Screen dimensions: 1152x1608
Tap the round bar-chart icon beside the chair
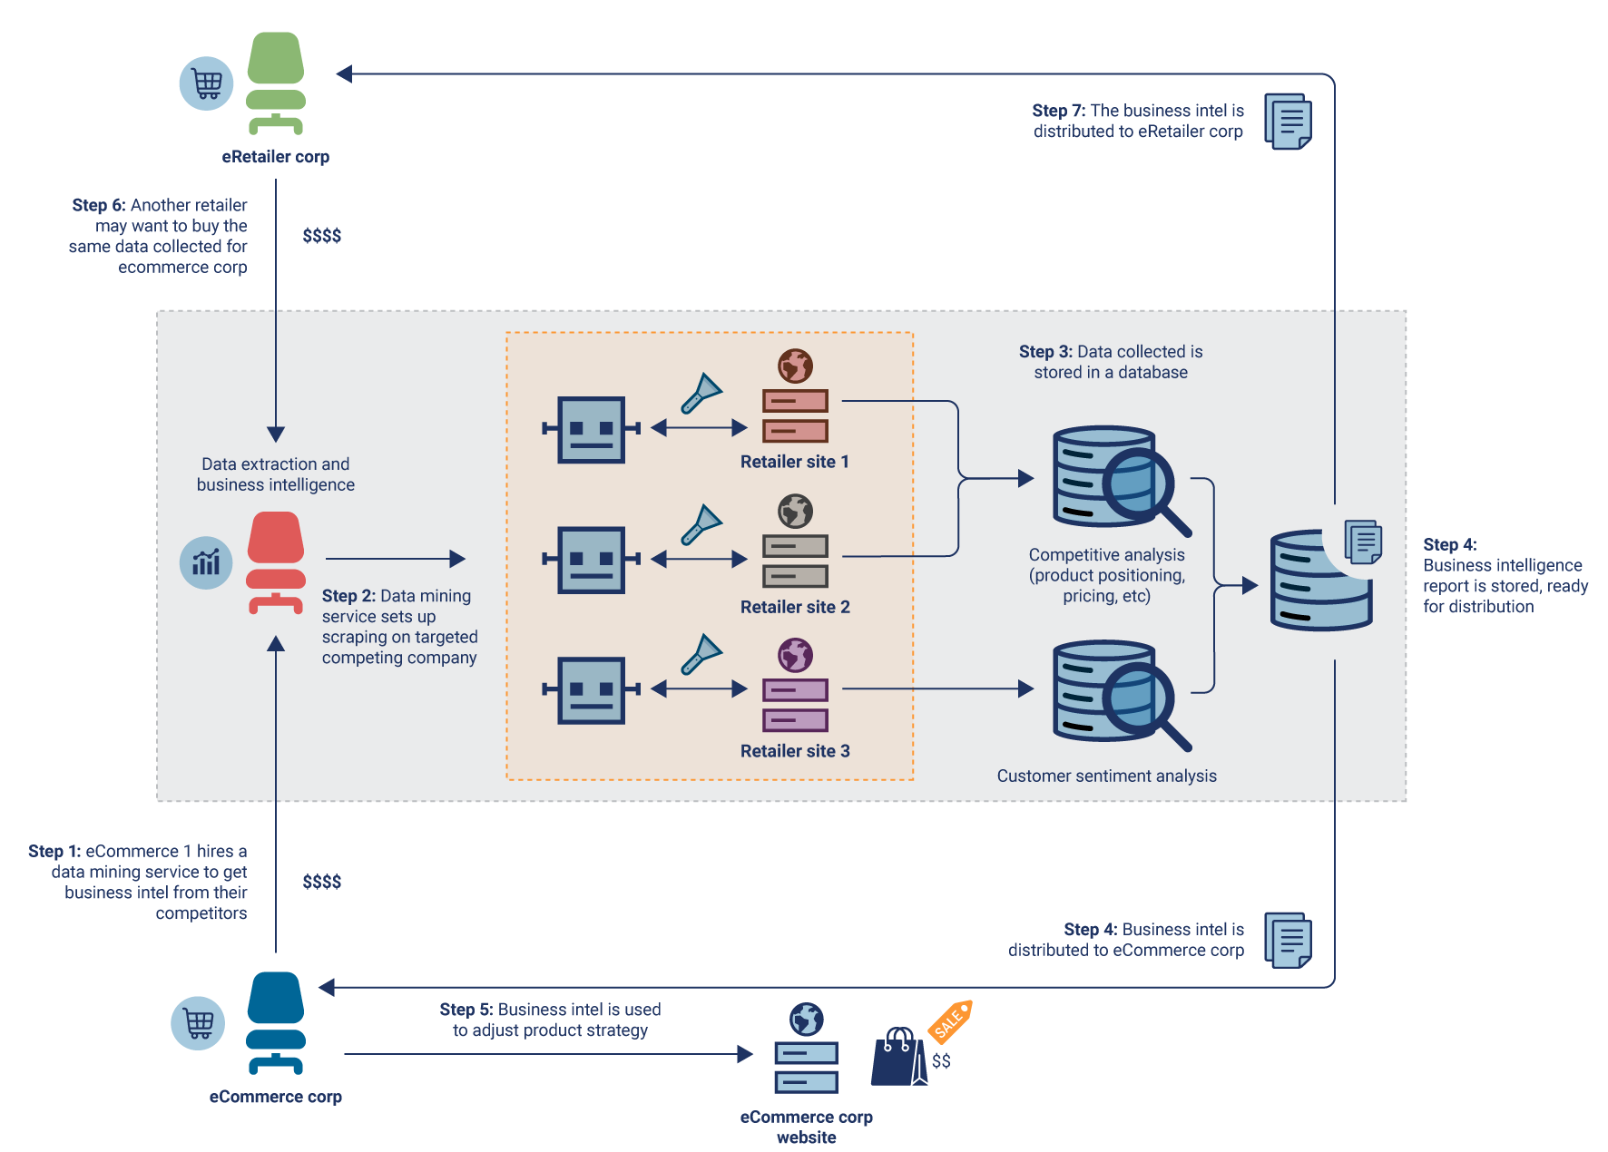(x=206, y=562)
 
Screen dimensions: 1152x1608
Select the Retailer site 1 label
(x=794, y=462)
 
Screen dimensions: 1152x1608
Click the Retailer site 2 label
(x=795, y=607)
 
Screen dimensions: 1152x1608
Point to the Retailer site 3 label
(x=795, y=751)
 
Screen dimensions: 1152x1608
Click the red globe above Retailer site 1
(x=795, y=366)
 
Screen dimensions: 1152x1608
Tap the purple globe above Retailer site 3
(x=795, y=655)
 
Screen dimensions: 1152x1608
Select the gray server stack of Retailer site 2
(x=795, y=561)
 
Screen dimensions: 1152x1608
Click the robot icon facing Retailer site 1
(x=592, y=429)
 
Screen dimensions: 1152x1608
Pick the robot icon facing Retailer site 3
(x=592, y=690)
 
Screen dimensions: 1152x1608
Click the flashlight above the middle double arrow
(x=701, y=524)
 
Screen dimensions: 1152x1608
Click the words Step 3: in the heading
(x=1045, y=352)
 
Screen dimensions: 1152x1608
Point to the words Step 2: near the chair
(x=348, y=596)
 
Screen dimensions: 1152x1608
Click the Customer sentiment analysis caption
(x=1106, y=776)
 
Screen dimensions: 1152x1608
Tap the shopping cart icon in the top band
(x=208, y=83)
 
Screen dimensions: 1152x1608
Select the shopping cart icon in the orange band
(x=199, y=1023)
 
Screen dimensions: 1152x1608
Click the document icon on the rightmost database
(x=1362, y=542)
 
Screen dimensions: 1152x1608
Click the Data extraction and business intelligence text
(x=276, y=474)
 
